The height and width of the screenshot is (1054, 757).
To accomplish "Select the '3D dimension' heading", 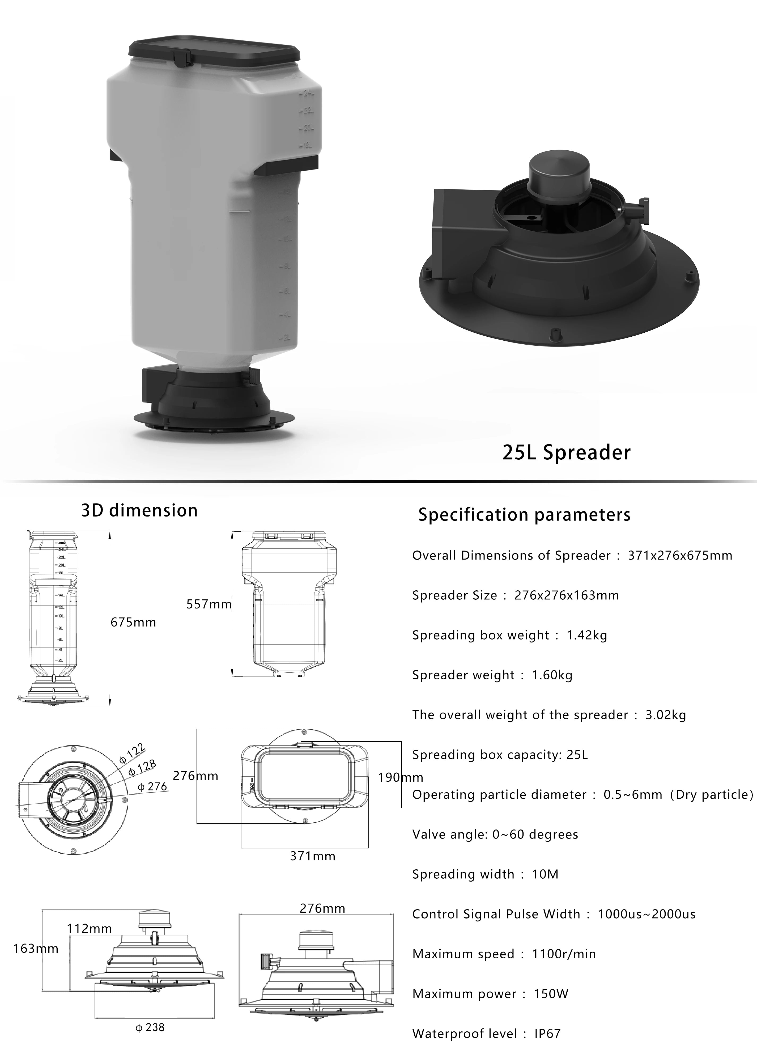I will pyautogui.click(x=139, y=510).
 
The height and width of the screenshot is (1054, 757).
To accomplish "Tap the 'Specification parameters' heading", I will pyautogui.click(x=524, y=514).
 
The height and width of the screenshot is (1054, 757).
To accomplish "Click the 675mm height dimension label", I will pyautogui.click(x=133, y=622).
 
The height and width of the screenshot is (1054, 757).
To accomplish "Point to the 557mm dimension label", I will pyautogui.click(x=209, y=604).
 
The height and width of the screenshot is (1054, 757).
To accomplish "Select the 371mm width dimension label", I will pyautogui.click(x=312, y=856).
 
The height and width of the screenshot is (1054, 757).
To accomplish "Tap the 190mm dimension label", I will pyautogui.click(x=400, y=777).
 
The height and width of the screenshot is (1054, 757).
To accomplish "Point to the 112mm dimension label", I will pyautogui.click(x=89, y=929).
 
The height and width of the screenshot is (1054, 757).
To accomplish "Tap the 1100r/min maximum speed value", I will pyautogui.click(x=564, y=954).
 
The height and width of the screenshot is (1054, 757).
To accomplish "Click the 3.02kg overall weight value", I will pyautogui.click(x=665, y=715).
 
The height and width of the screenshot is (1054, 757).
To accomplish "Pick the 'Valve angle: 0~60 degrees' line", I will pyautogui.click(x=495, y=834).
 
